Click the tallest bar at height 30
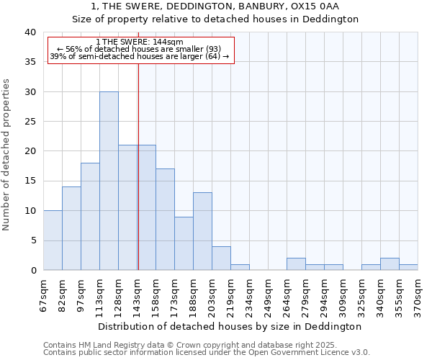coord(109,181)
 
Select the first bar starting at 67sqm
coord(53,240)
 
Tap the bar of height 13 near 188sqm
coord(202,231)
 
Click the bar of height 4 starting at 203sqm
coord(221,258)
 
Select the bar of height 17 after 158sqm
coord(165,220)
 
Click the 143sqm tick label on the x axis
coord(137,294)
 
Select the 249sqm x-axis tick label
coord(268,294)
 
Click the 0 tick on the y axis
coord(32,270)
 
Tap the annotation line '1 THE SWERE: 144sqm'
coord(140,42)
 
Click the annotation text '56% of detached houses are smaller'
coord(140,49)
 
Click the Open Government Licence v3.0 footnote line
coord(206,353)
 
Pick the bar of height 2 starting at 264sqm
coord(296,264)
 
